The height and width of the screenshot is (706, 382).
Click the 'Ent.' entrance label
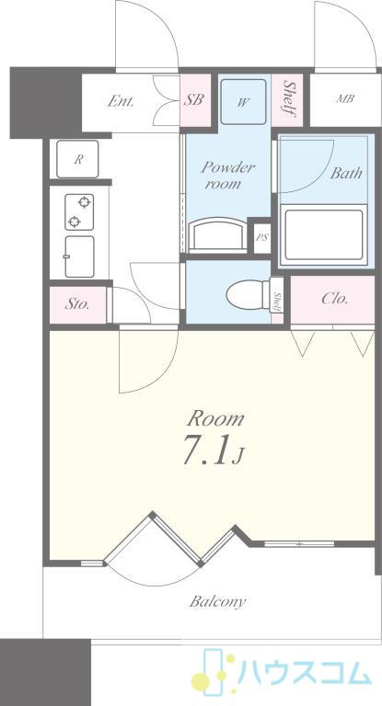[x=121, y=102]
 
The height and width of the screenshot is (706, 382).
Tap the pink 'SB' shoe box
[x=196, y=100]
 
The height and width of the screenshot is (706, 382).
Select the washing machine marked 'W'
[x=243, y=102]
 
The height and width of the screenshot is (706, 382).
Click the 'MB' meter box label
[x=344, y=98]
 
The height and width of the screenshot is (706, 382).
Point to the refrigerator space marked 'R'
[x=77, y=159]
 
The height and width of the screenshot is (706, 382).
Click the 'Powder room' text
[x=227, y=176]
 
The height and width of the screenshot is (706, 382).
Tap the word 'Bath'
[x=346, y=174]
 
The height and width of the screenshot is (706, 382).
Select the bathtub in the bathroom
[x=324, y=235]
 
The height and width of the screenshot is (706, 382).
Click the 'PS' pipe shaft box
[x=261, y=237]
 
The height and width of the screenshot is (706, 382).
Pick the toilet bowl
[x=249, y=295]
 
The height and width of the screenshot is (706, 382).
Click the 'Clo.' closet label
[x=335, y=299]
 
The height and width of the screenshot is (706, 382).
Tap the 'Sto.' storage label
[x=77, y=304]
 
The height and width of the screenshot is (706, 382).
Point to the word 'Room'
[x=215, y=419]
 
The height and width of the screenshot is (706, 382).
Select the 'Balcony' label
[x=217, y=602]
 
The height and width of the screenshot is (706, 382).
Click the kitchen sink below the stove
[x=79, y=256]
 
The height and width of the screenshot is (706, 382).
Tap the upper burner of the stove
[x=84, y=202]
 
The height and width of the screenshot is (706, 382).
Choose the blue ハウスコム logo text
[x=305, y=674]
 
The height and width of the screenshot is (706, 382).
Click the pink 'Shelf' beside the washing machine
[x=287, y=100]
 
